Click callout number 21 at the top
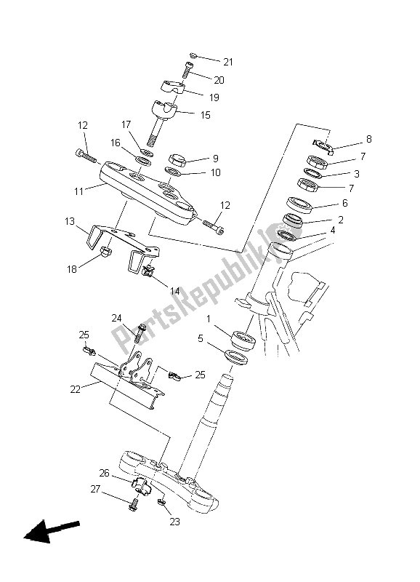point(229,61)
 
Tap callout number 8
point(348,138)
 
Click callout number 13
point(70,220)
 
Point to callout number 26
point(104,473)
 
